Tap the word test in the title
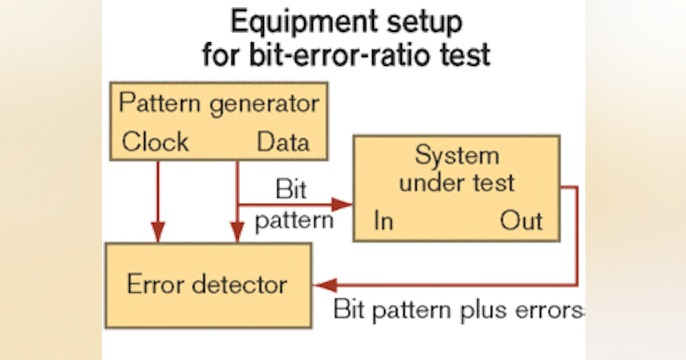click(461, 56)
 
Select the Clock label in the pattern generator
click(155, 142)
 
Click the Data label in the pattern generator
click(283, 142)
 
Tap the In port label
click(384, 221)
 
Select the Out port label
click(521, 221)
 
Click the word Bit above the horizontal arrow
click(290, 189)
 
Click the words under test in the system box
click(457, 183)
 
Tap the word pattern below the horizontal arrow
click(294, 221)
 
